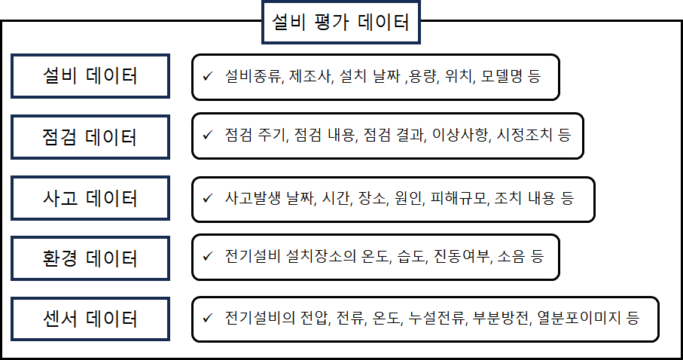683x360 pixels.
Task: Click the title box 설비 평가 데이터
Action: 340,22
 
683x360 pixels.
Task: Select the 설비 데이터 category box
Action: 90,76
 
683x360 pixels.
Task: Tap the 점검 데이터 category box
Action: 90,137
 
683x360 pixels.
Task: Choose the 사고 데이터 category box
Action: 90,198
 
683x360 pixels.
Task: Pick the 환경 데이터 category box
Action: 90,258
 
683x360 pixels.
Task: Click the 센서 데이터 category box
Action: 90,319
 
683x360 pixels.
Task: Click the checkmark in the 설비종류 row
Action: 207,76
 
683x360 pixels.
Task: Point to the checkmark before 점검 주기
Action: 207,135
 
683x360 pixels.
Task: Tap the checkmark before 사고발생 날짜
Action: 207,198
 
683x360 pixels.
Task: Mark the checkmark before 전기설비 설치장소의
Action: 207,256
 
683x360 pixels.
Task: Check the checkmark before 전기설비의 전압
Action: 207,318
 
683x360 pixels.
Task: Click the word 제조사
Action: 309,76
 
